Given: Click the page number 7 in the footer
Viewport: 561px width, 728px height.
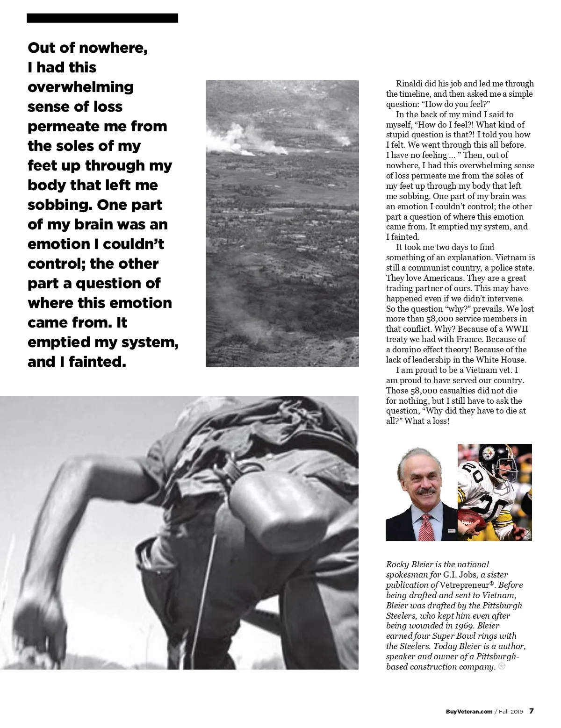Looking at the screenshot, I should tap(531, 711).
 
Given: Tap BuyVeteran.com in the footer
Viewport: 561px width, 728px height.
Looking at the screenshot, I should tap(469, 712).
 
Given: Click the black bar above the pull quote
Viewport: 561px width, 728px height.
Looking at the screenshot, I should tap(102, 18).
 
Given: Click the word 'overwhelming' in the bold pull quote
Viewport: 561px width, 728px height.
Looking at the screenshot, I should tap(80, 87).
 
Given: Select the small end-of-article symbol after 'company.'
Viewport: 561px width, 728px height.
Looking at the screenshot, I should tap(502, 666).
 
